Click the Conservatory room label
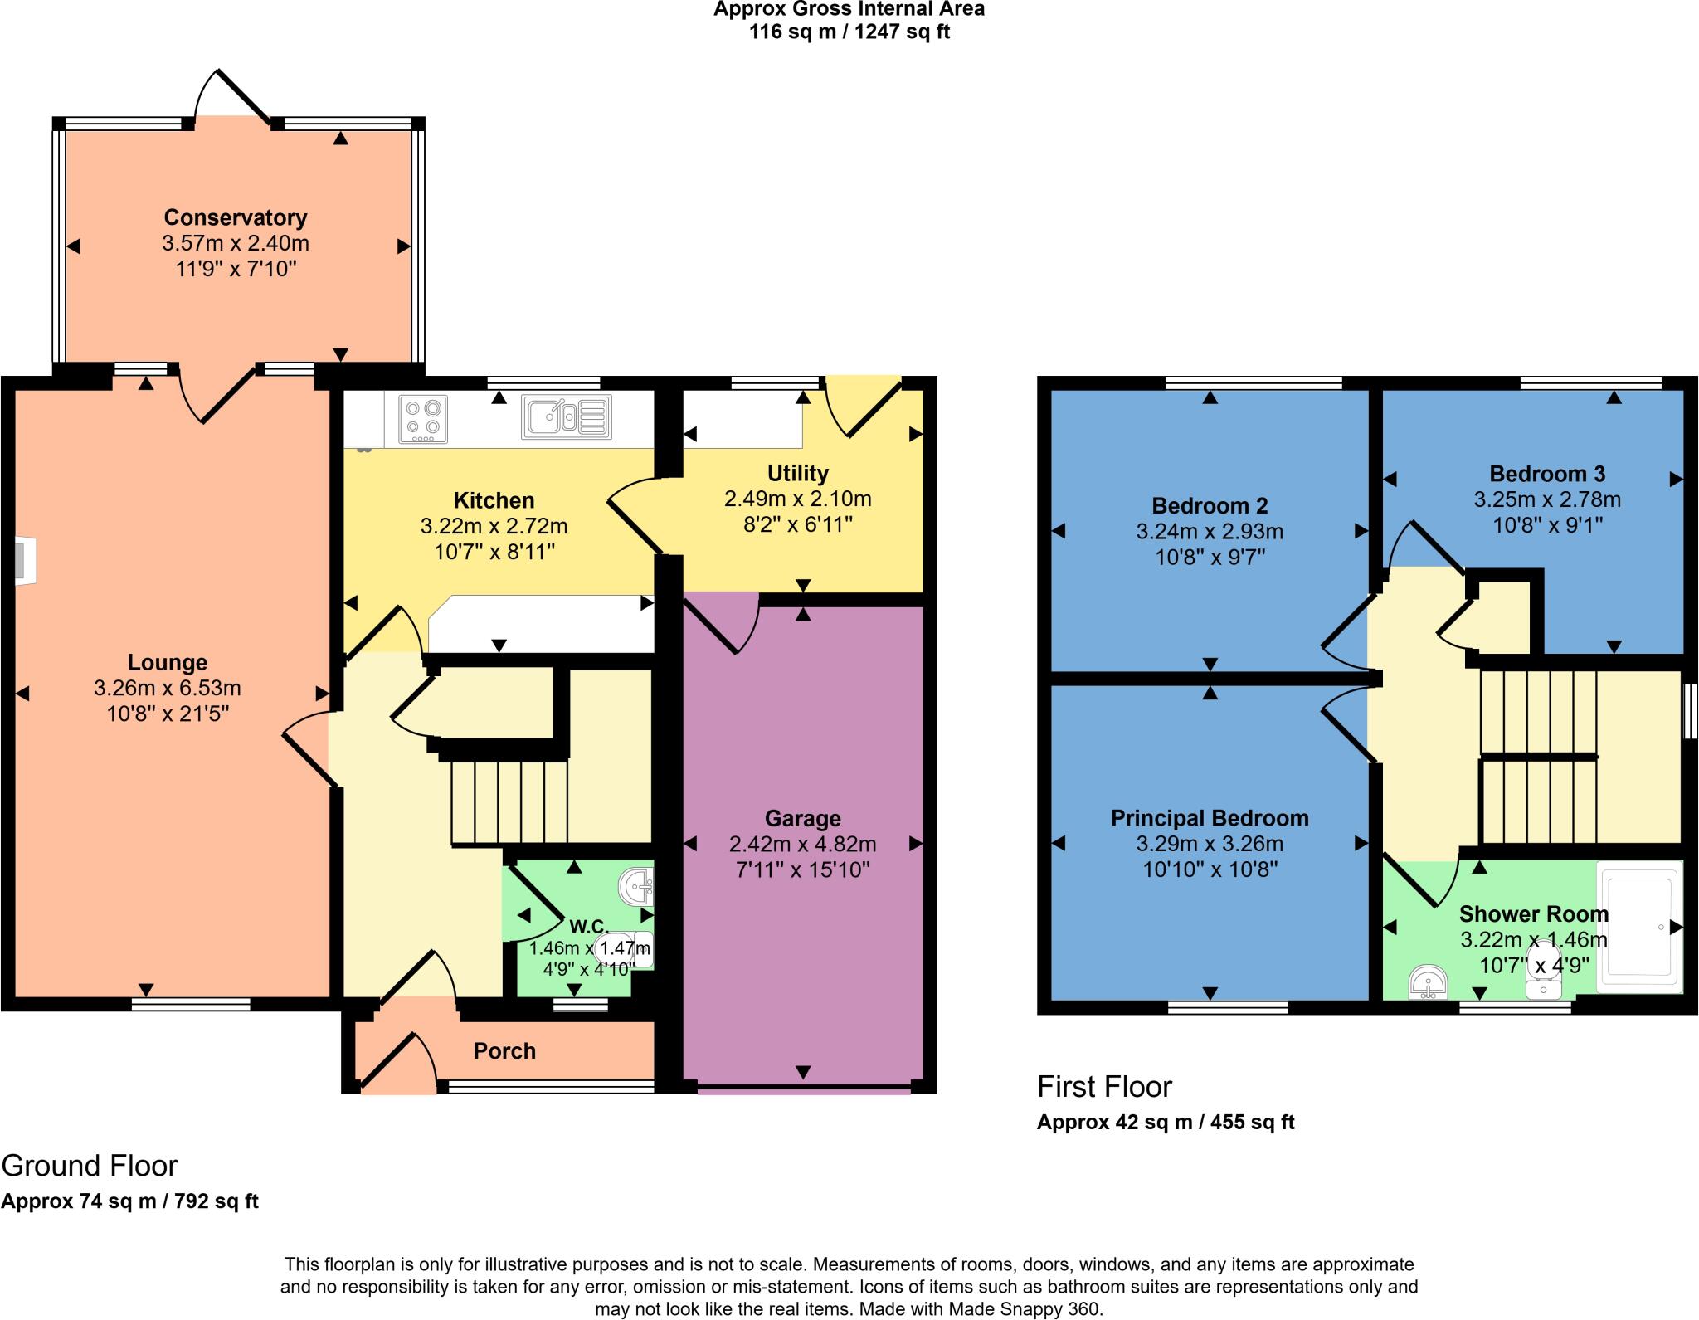[236, 217]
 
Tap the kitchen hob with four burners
[424, 419]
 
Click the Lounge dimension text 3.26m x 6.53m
[168, 688]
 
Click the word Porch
[504, 1051]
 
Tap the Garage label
[802, 819]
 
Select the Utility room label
[797, 474]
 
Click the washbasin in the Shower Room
[1428, 983]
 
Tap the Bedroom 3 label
[1547, 474]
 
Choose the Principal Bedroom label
[1210, 818]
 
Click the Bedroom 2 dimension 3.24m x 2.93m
[1210, 532]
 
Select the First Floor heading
[1104, 1087]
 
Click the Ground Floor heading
[90, 1166]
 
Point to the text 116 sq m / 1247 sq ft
[849, 32]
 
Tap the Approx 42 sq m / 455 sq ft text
[1165, 1123]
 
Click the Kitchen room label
[494, 500]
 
